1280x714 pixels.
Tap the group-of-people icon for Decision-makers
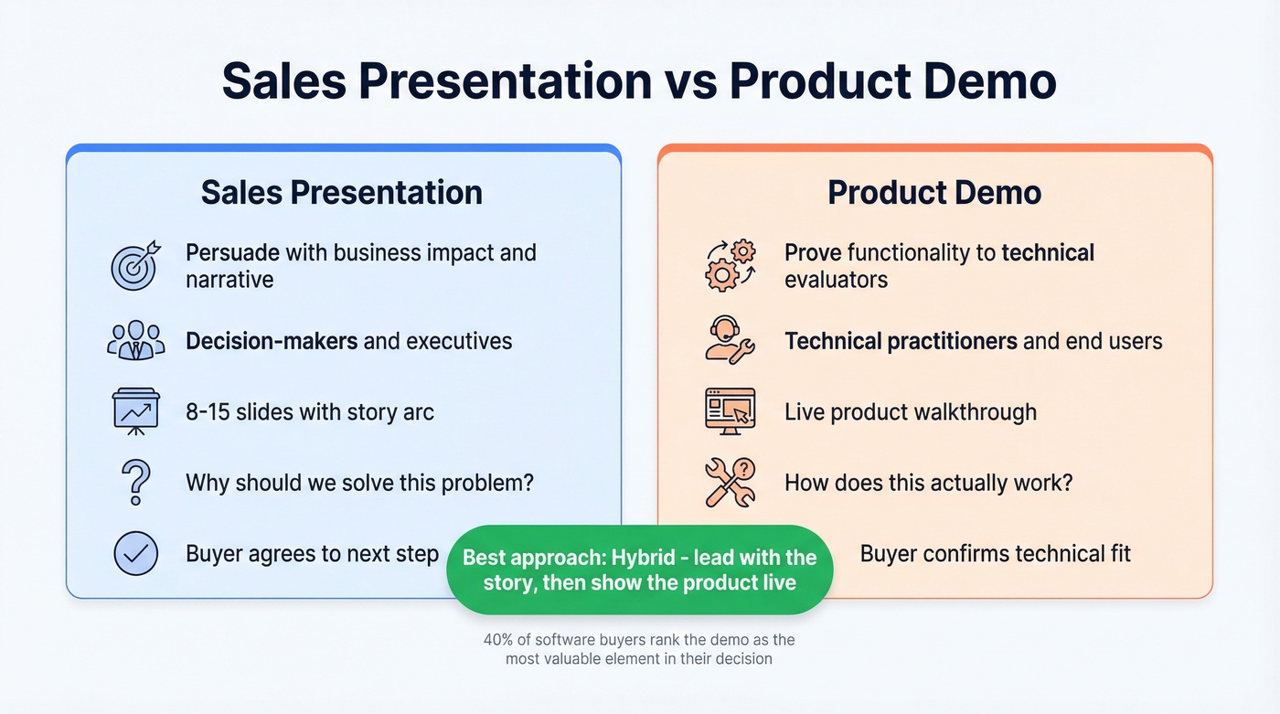pos(135,340)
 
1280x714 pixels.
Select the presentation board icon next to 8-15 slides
pos(135,411)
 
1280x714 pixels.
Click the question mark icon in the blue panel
pos(135,482)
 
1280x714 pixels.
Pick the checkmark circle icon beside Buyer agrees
pos(135,553)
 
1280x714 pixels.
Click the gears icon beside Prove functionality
pos(731,265)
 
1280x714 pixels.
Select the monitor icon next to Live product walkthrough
pos(731,411)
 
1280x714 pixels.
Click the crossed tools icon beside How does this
pos(731,482)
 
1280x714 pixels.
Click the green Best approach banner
pos(639,570)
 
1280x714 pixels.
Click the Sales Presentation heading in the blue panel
pos(342,193)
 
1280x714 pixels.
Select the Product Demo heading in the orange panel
pos(934,193)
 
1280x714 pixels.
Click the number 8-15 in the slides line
pos(207,412)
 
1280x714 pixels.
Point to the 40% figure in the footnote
pos(496,641)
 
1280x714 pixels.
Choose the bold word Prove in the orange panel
pos(813,252)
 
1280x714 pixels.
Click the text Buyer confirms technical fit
pos(995,553)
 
